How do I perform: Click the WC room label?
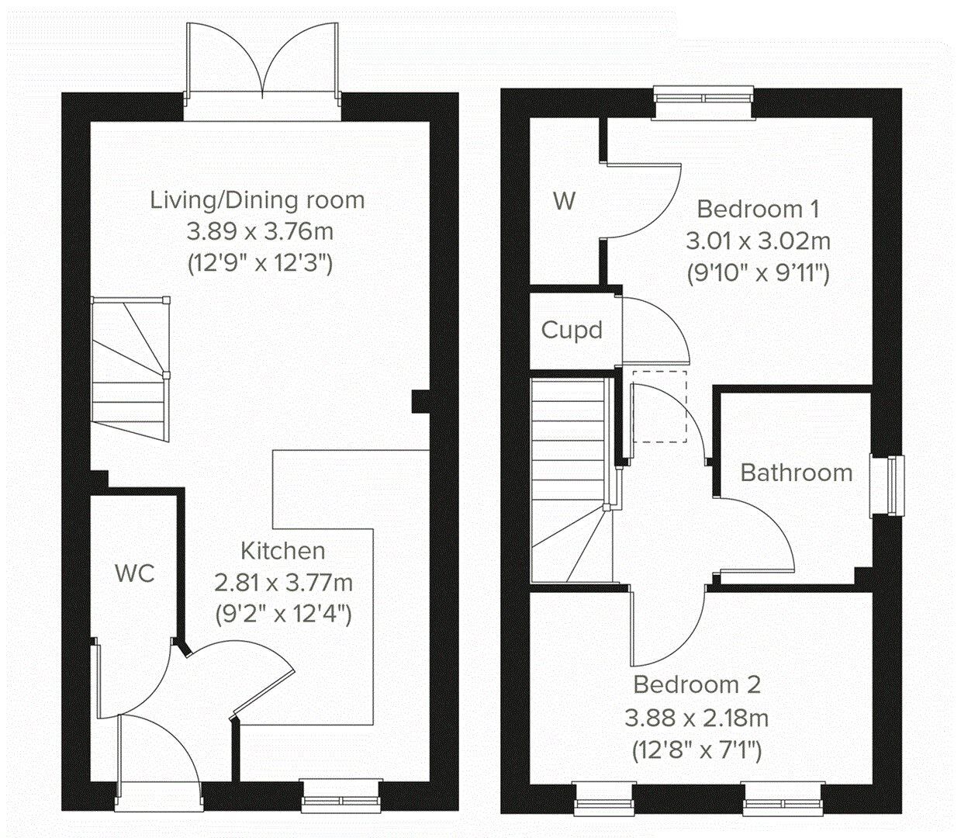point(135,573)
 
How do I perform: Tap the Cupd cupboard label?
point(572,331)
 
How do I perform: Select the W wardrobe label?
point(565,201)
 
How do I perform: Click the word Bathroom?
point(797,473)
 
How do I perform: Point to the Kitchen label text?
point(283,551)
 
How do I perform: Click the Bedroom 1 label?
point(759,209)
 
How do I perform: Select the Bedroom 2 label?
point(697,684)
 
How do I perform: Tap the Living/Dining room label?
point(258,200)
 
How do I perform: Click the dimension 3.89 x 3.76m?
point(260,232)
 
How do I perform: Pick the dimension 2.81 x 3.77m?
point(283,582)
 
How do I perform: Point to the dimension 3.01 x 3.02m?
point(759,241)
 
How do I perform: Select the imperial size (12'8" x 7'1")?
point(697,750)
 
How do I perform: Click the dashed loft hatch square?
point(659,407)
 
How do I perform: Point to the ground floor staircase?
point(130,369)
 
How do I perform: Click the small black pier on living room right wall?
point(420,401)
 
